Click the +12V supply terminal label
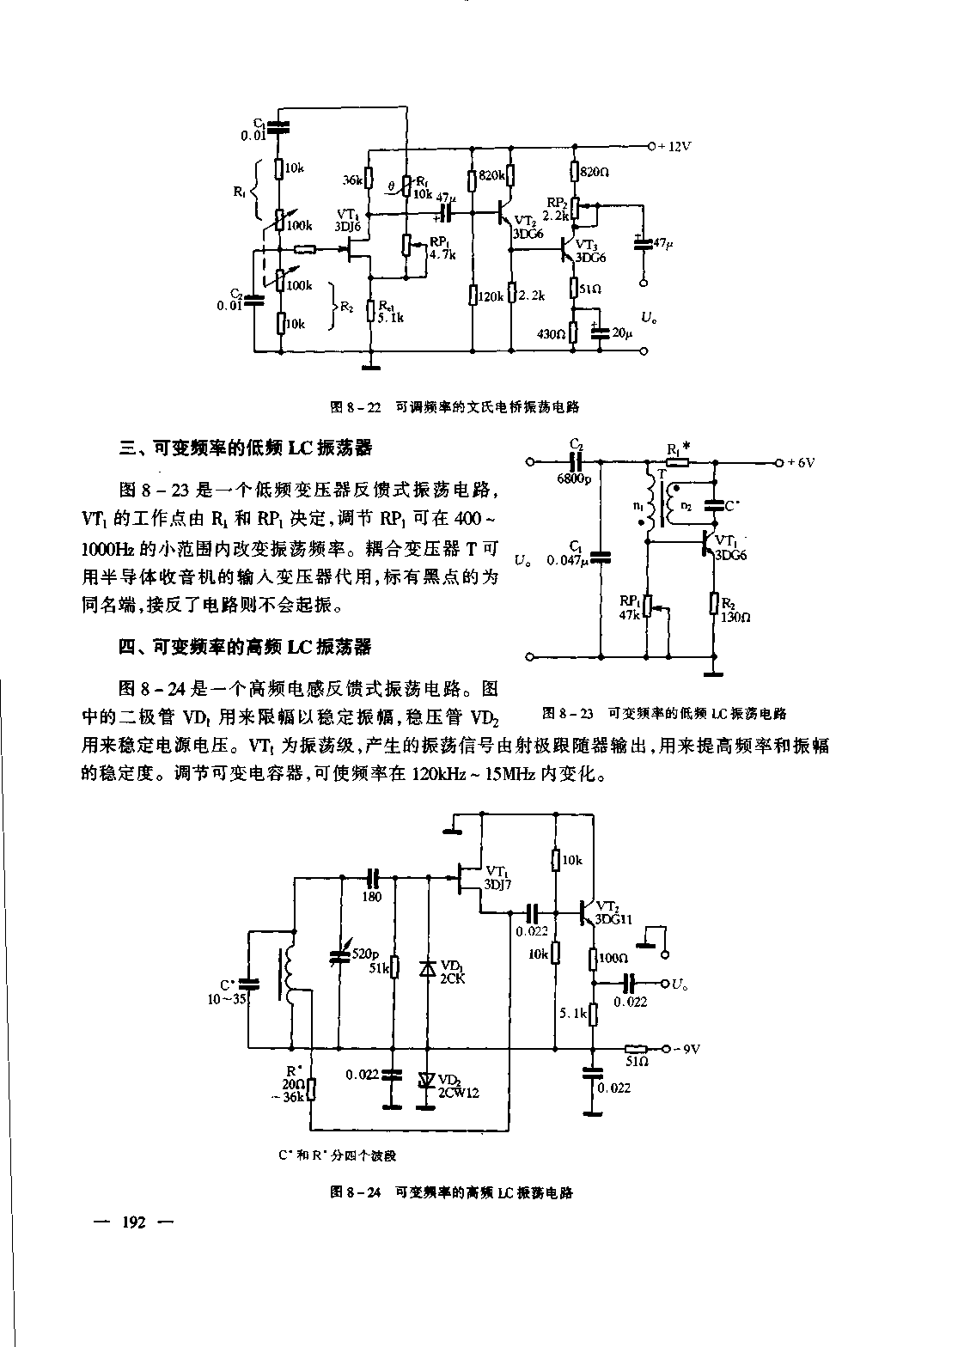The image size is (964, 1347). pos(674,146)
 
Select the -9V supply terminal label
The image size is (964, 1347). pos(686,1049)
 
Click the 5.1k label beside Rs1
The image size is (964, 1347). pos(390,317)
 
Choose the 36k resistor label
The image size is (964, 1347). pos(351,180)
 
